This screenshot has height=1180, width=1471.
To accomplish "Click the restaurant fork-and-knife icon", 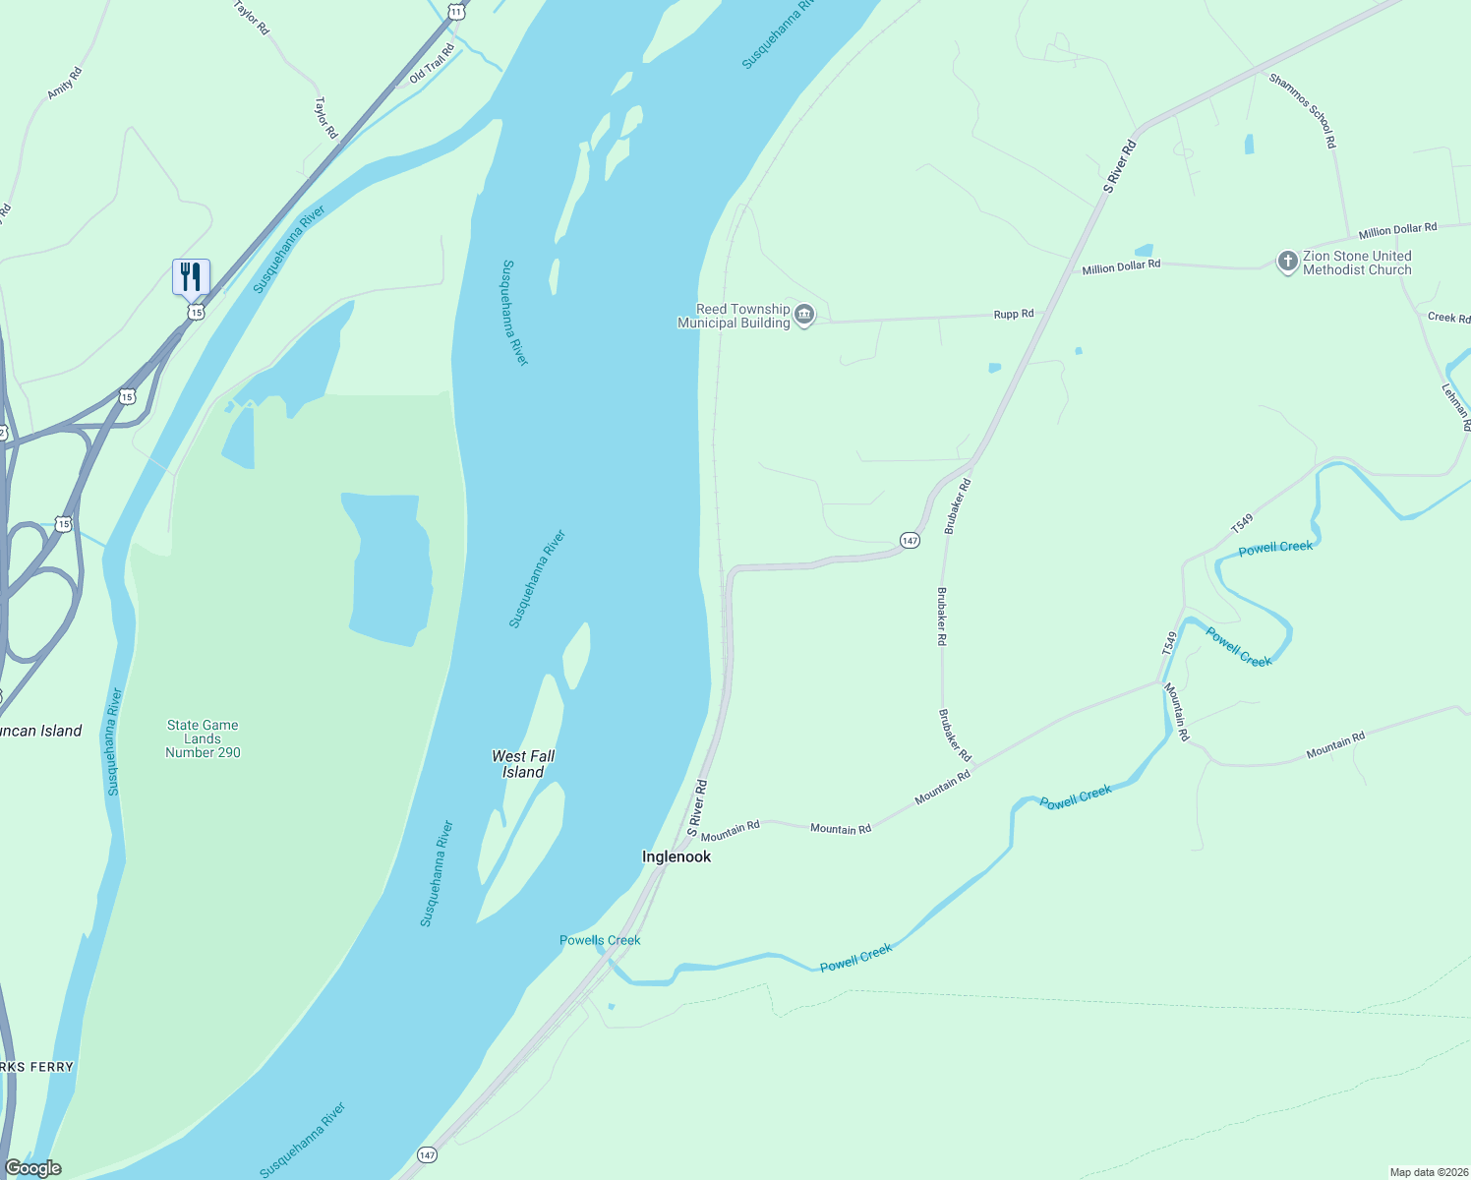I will tap(191, 276).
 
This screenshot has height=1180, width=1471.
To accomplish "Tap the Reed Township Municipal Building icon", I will tap(804, 316).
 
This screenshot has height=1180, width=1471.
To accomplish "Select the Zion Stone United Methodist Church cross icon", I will tap(1287, 262).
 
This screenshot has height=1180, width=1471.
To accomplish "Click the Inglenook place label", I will tap(677, 856).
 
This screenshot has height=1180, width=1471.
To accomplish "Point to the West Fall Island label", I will tap(523, 764).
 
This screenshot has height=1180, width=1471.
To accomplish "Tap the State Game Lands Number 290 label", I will tap(203, 738).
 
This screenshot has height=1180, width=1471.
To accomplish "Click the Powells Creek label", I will tap(600, 940).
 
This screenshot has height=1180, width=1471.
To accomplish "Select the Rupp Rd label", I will tap(1014, 315).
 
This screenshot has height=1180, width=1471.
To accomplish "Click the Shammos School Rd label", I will tap(1303, 111).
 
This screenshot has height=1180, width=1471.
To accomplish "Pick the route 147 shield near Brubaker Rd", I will tap(910, 541).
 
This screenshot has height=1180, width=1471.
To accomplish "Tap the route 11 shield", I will tap(455, 11).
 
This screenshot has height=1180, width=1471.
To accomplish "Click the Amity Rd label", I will tap(65, 84).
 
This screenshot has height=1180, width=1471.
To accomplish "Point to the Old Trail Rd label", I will tap(432, 63).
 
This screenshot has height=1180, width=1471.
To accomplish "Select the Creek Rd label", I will tap(1448, 317).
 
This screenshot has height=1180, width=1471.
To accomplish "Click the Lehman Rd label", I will tap(1455, 406).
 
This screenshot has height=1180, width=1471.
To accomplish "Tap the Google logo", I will tap(32, 1168).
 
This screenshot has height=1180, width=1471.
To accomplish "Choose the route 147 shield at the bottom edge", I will tap(427, 1154).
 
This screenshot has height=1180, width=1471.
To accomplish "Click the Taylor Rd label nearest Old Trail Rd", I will tap(326, 117).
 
